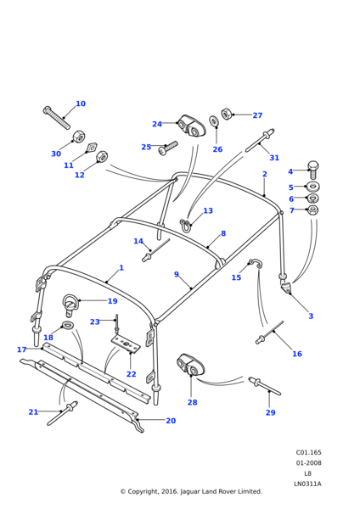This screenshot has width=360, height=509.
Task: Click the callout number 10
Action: (81, 103)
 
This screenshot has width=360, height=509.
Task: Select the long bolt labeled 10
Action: (56, 118)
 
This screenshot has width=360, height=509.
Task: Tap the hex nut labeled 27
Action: (226, 114)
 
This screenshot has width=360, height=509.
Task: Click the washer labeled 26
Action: (214, 120)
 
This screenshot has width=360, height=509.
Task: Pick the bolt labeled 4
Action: (313, 170)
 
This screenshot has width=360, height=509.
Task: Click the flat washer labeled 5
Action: (313, 187)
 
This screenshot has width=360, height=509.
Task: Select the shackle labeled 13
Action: (185, 224)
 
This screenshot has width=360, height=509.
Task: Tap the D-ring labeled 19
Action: (70, 305)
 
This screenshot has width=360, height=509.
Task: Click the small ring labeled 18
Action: (67, 325)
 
